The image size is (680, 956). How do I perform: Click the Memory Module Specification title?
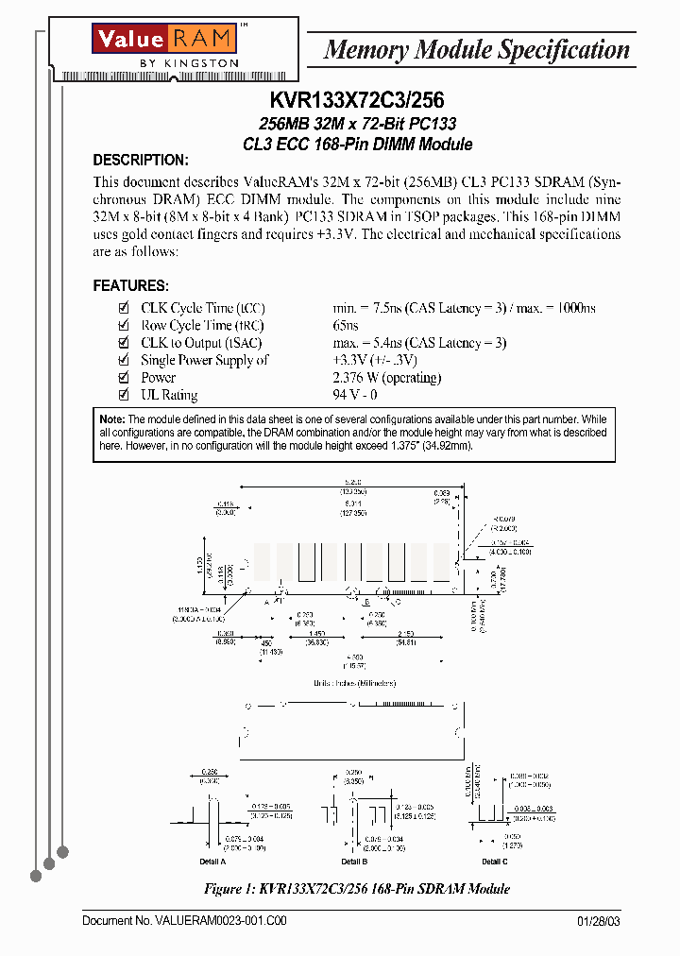[x=476, y=49]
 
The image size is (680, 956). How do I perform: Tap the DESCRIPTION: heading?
[x=140, y=160]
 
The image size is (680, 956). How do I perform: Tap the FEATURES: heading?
[x=131, y=285]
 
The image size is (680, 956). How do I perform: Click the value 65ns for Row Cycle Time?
[x=346, y=326]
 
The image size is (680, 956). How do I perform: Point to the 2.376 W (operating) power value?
[x=387, y=378]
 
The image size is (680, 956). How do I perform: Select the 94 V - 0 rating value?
[x=355, y=395]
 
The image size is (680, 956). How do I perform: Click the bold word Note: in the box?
[x=111, y=419]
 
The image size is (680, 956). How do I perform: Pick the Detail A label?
[x=212, y=862]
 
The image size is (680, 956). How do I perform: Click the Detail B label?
[x=354, y=862]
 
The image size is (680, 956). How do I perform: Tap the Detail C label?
[x=495, y=862]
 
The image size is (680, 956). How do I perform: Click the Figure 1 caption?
[x=357, y=889]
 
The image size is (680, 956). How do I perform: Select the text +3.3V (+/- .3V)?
[x=375, y=361]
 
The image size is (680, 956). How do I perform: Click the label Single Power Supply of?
[x=204, y=361]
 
